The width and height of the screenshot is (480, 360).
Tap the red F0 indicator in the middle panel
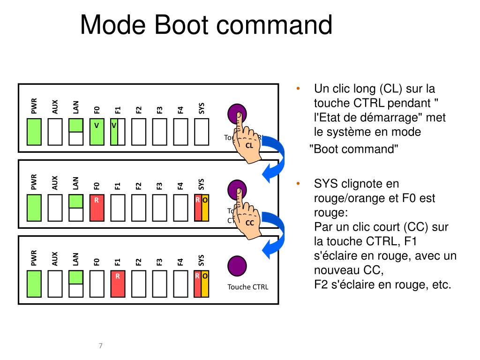pos(97,207)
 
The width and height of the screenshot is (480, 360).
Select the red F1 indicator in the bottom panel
pos(118,283)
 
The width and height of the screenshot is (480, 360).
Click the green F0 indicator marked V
pos(97,131)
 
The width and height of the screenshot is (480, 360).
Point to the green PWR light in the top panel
pos(34,131)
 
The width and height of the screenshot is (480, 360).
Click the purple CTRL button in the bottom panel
pos(237,266)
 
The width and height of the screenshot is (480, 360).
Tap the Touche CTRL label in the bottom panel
pos(248,287)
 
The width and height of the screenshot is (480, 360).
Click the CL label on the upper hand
pos(249,146)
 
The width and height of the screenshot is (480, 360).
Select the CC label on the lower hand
pos(249,223)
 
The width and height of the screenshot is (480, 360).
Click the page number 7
pos(100,346)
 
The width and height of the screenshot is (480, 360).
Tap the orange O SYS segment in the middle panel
pos(205,207)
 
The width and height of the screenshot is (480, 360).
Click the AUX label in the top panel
pos(55,107)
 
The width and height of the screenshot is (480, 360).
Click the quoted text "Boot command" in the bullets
pos(355,149)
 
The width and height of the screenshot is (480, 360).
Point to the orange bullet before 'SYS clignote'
pos(297,184)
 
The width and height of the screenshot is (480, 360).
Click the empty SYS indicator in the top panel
pos(201,131)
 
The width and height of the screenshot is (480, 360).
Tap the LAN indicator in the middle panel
pos(75,207)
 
